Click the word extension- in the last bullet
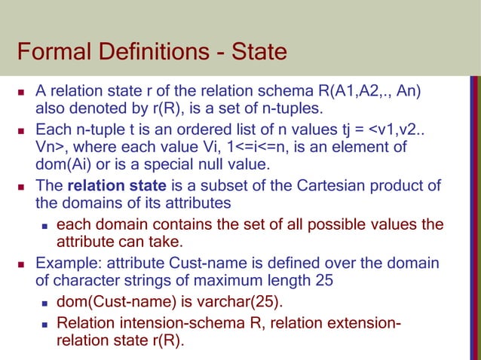click(366, 324)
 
